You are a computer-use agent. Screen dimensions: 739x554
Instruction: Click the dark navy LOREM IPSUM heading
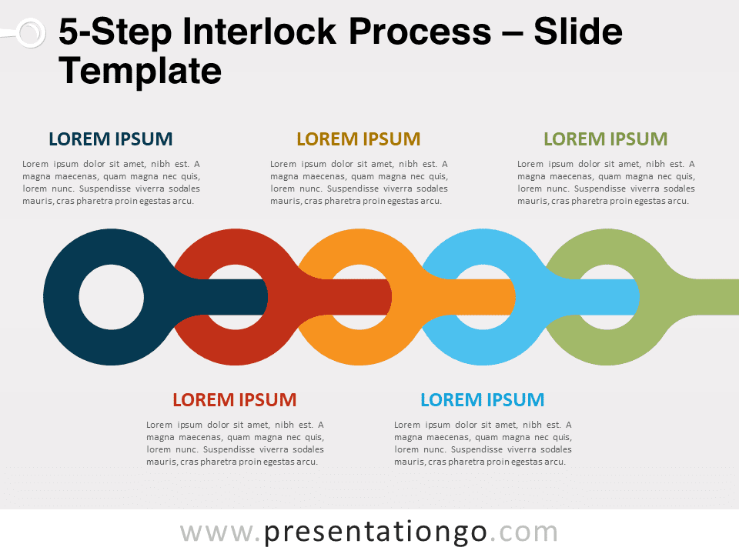(111, 139)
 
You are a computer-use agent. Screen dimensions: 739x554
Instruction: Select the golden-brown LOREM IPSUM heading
(358, 139)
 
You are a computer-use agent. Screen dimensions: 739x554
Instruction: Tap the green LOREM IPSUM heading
(606, 139)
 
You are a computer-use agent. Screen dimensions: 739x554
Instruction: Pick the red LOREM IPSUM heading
(235, 400)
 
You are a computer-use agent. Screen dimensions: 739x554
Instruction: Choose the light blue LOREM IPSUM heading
(483, 400)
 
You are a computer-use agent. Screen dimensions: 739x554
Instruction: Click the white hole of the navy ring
(111, 297)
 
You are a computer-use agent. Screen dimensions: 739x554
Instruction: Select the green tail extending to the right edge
(707, 297)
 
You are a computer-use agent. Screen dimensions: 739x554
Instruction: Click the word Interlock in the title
(259, 32)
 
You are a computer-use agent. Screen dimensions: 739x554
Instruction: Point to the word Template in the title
(140, 72)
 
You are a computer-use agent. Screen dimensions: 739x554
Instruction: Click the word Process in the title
(420, 32)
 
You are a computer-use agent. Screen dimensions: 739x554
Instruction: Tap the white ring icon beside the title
(31, 33)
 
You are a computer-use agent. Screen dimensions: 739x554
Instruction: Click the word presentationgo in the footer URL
(375, 532)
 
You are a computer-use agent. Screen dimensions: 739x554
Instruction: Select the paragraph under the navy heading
(111, 182)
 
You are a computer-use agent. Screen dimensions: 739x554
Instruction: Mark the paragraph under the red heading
(235, 443)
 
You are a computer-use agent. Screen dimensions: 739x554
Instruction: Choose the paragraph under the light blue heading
(483, 443)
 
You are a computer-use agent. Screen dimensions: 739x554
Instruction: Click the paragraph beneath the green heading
(606, 182)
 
